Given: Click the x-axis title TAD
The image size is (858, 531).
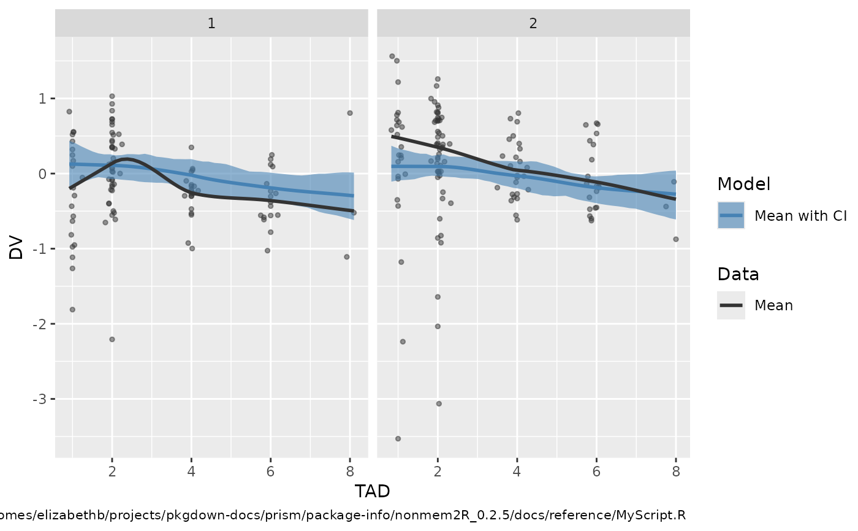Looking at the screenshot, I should tap(372, 491).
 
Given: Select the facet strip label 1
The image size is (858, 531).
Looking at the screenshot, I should tap(211, 23).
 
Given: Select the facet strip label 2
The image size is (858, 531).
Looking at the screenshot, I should tap(533, 23).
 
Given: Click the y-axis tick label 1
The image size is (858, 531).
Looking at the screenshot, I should tap(44, 99).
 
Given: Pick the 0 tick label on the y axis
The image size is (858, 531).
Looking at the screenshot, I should tap(44, 174).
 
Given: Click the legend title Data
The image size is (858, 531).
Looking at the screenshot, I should tap(738, 274).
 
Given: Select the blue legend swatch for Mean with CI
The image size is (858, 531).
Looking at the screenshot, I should tap(731, 215).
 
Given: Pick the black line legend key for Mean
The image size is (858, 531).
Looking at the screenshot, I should tap(731, 305).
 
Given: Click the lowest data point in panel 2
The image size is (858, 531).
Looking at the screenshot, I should tap(398, 438).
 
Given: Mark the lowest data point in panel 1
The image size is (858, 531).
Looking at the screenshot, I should tap(112, 339).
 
